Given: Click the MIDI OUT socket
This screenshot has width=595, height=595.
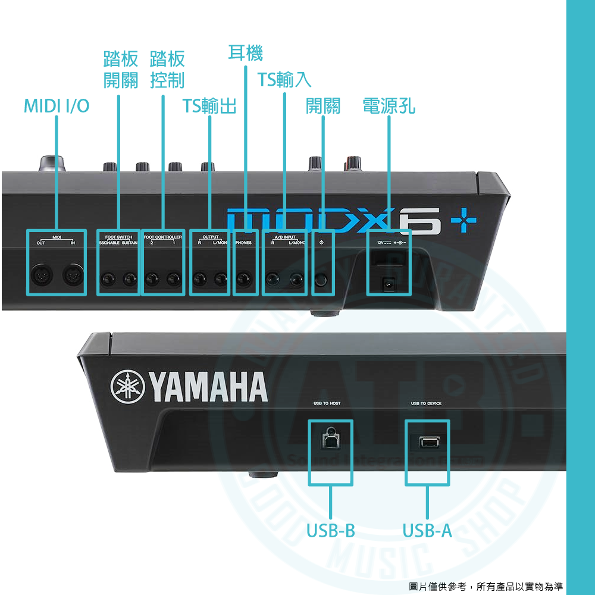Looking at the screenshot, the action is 43,275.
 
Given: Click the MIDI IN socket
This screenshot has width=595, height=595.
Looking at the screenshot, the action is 73,275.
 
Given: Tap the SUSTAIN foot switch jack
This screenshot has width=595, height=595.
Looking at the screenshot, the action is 130,278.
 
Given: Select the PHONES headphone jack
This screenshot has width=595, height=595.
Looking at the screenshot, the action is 244,278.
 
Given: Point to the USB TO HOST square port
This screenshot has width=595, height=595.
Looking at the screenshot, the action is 330,440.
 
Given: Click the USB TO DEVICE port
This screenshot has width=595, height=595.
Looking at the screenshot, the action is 427,443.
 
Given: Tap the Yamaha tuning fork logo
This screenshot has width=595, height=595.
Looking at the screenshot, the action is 128,387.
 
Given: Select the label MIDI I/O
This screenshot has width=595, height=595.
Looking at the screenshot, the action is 57,106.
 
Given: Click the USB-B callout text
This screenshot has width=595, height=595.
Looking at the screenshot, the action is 330,530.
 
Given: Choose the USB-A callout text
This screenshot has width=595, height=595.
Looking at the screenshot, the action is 427,530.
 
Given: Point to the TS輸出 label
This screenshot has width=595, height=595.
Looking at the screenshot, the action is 209,106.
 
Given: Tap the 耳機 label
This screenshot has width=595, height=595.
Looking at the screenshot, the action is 245,53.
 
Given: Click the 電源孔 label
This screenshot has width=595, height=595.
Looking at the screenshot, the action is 389,106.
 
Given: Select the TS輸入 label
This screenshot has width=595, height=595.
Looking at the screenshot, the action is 284,79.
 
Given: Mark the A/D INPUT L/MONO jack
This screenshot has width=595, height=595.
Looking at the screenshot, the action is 296,278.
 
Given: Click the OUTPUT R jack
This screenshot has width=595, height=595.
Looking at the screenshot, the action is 200,278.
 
